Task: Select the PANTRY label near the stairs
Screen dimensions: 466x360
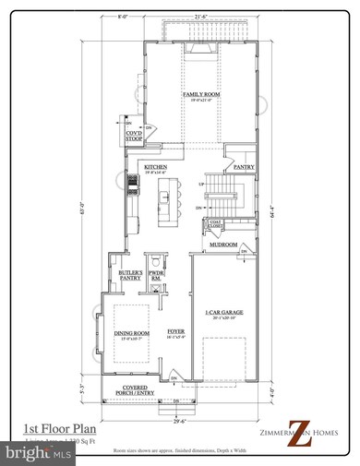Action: tap(243, 167)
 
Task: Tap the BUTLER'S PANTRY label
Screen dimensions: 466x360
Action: tap(128, 275)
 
